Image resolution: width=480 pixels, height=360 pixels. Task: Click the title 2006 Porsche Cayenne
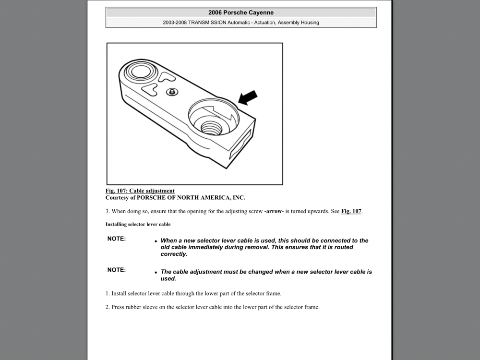(241, 12)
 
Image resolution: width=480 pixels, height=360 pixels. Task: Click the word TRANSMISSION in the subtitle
(208, 23)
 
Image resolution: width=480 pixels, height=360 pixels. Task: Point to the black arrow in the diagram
(248, 97)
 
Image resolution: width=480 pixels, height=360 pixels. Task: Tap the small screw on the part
(170, 92)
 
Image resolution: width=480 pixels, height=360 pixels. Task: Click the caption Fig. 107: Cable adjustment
(140, 191)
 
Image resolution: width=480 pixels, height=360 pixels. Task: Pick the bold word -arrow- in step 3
(274, 211)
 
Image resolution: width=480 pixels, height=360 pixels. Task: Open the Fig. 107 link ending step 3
(351, 211)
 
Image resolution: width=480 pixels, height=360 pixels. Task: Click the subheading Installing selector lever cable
(138, 224)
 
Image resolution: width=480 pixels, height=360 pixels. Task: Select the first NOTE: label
(117, 239)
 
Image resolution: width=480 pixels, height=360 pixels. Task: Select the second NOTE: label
(117, 270)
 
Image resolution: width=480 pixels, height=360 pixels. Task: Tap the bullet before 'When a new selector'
(156, 241)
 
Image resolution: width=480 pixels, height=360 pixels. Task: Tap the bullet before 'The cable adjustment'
(156, 273)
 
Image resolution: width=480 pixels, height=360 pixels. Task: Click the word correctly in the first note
(174, 254)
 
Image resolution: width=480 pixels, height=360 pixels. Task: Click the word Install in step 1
(120, 293)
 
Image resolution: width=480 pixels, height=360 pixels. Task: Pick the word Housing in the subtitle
(309, 23)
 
